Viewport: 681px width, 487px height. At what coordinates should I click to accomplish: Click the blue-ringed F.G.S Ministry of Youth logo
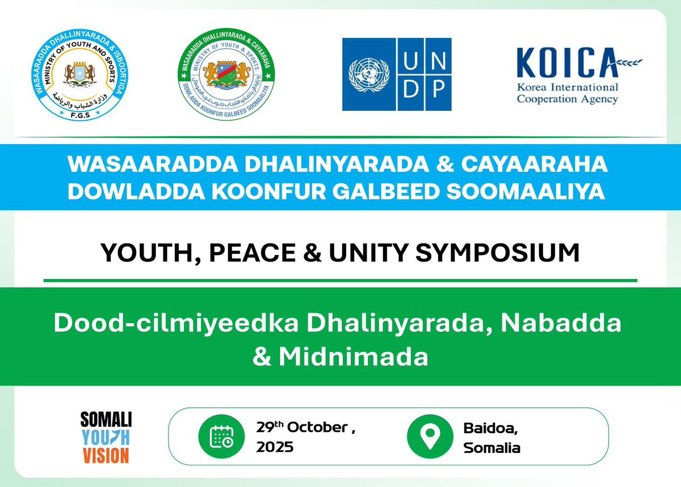pos(78,73)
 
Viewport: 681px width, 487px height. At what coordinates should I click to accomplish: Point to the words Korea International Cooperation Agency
pos(567,93)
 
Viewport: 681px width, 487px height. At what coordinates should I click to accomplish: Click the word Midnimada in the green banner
pos(353,358)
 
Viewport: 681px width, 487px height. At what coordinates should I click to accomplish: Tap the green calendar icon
pos(219,436)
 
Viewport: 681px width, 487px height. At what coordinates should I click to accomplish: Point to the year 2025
pos(275,447)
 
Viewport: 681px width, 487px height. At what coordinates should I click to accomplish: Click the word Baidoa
pos(486,427)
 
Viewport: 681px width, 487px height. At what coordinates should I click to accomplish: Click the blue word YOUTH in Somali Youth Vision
pos(106,438)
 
